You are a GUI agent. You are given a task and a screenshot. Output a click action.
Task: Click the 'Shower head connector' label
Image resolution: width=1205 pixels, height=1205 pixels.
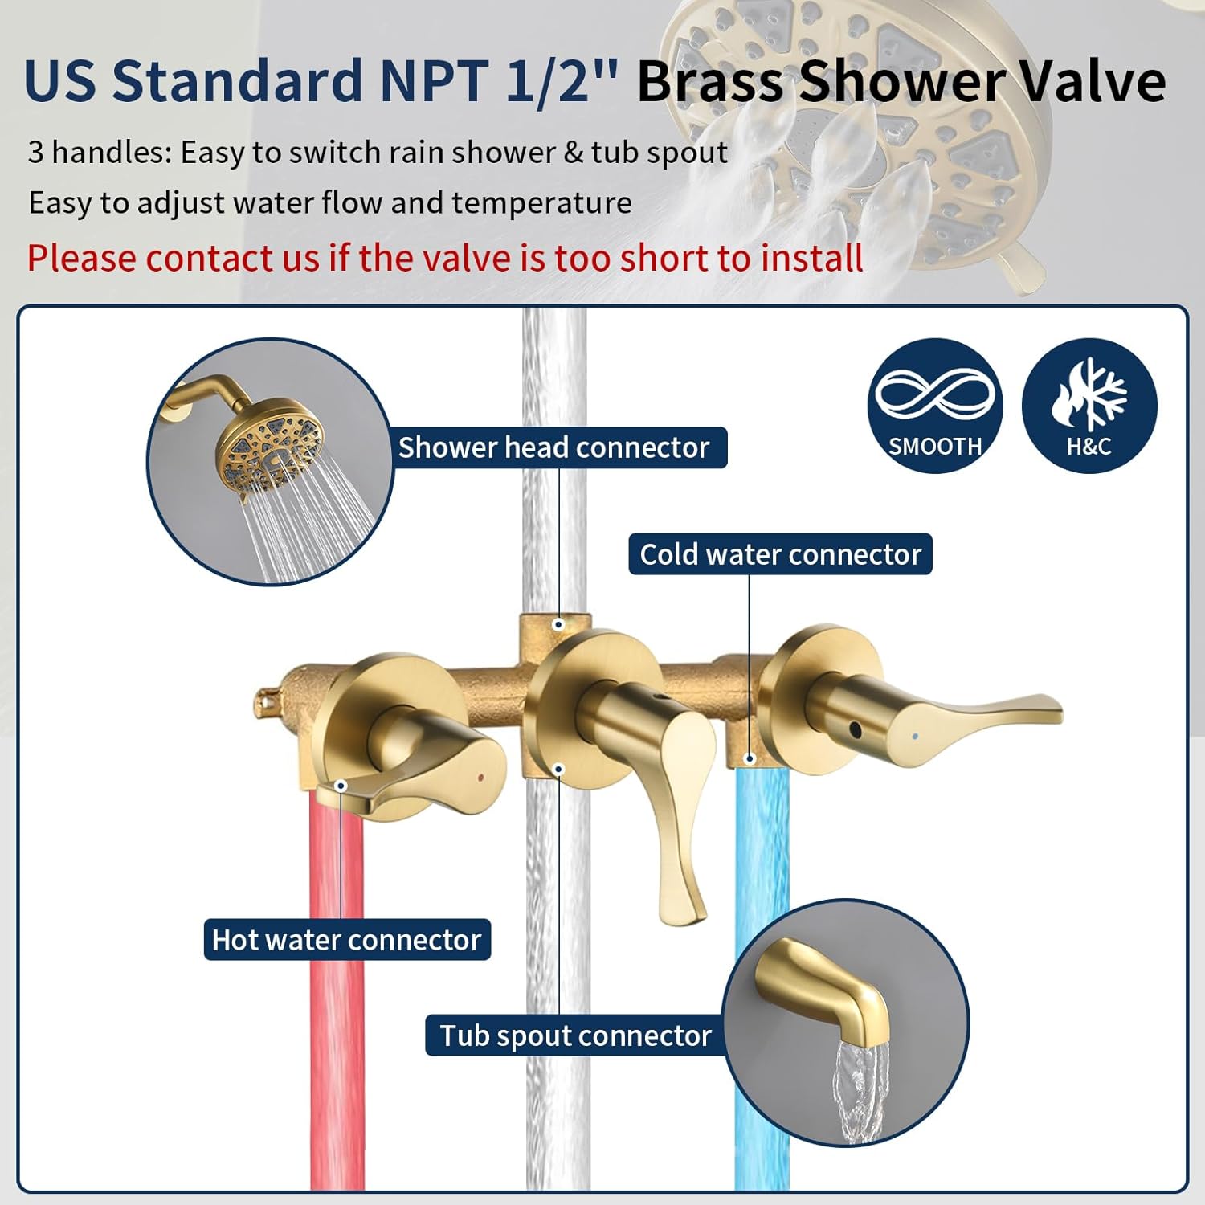click(553, 447)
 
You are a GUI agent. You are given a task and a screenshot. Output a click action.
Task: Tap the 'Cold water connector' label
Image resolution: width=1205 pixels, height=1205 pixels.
click(780, 554)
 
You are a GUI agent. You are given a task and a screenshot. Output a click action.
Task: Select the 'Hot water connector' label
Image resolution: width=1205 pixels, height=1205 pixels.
click(346, 939)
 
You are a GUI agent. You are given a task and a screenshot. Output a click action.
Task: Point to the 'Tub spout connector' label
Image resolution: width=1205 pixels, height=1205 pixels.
click(575, 1035)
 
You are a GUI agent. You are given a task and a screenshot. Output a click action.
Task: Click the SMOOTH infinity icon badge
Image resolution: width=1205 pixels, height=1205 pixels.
click(935, 406)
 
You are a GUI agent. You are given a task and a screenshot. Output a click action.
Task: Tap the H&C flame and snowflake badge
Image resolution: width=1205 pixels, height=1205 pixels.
click(1089, 406)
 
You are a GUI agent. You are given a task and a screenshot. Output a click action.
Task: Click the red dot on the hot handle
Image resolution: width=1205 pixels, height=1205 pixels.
click(480, 778)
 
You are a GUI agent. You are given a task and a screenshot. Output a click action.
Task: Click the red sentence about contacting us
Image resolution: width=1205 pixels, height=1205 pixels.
click(445, 258)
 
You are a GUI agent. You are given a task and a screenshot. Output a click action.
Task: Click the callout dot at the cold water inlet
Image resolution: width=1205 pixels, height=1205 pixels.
click(750, 758)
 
